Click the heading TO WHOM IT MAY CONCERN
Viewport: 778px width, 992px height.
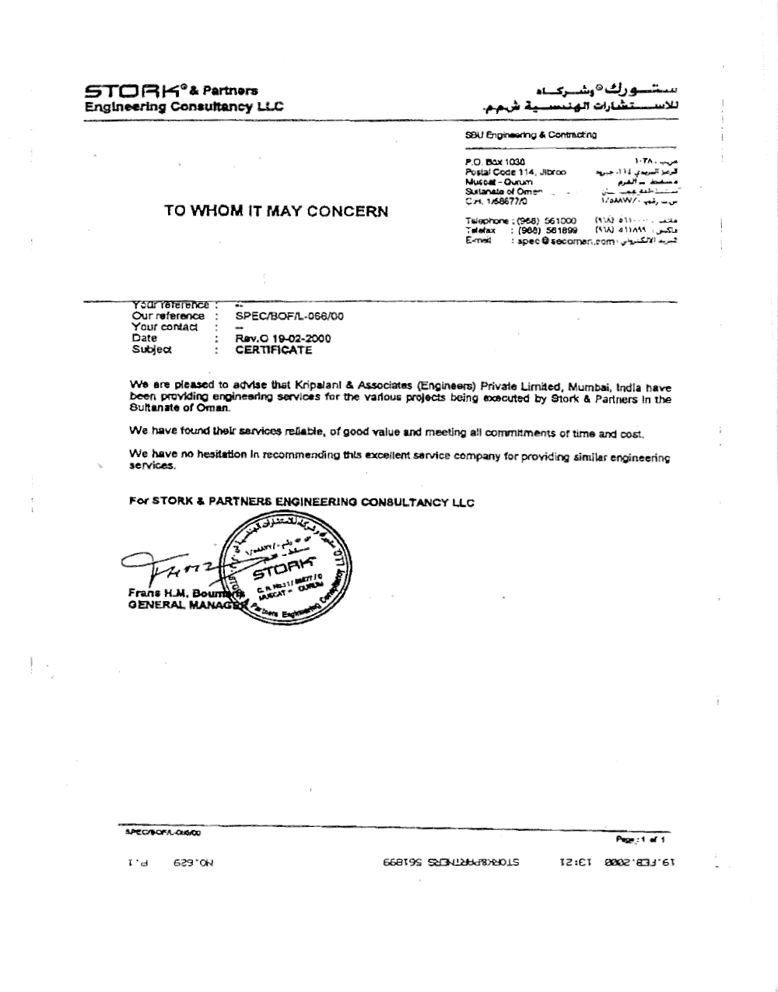276,211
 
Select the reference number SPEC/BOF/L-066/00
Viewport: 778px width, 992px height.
289,316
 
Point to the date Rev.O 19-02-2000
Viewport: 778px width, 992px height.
283,339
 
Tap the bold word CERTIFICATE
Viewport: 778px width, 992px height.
273,350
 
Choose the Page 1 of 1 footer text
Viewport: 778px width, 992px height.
645,839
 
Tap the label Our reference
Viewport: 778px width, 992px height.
168,316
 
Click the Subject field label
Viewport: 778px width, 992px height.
151,350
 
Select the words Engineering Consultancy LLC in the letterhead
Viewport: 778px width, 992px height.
184,107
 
